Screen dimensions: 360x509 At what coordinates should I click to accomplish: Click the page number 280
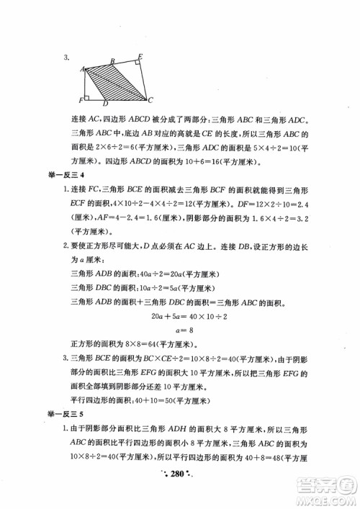(178, 492)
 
